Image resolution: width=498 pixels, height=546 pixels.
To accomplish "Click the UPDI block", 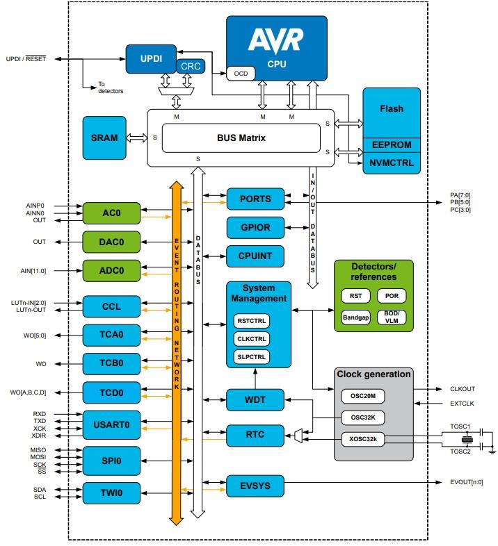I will pos(147,58).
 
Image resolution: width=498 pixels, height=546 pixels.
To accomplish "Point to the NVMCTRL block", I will pos(391,163).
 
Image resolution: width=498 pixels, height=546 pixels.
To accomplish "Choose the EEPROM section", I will pos(391,145).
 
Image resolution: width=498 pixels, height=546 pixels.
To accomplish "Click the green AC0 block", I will pos(111,213).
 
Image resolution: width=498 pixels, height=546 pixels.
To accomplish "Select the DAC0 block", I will pos(111,242).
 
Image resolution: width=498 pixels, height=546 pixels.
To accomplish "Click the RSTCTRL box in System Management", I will pos(251,322).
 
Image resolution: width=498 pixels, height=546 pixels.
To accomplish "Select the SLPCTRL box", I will pos(251,356).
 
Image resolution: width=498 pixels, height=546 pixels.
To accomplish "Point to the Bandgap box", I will pos(355,317).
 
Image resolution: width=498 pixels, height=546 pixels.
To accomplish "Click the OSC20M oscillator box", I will pos(363,396).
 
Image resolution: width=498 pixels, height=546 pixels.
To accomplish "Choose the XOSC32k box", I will pos(363,438).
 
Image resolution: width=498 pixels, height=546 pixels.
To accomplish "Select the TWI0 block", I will pos(111,493).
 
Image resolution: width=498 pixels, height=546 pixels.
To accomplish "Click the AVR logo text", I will pos(276,41).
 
